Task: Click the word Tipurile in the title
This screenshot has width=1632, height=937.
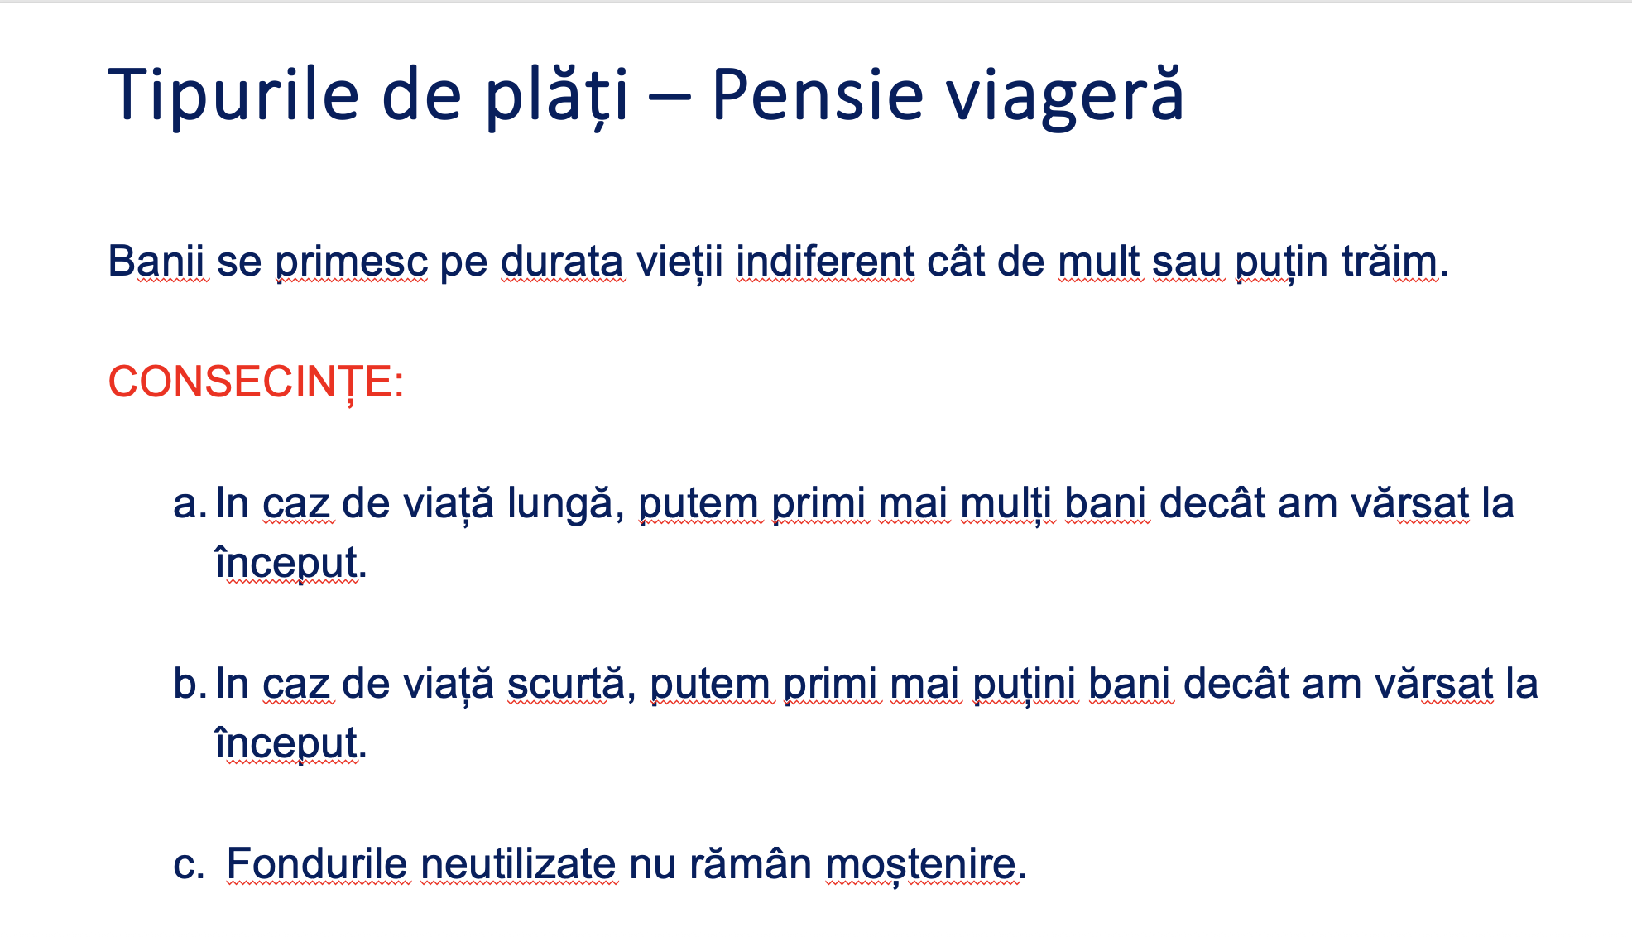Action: pyautogui.click(x=233, y=94)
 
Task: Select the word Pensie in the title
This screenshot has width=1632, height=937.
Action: pyautogui.click(x=817, y=94)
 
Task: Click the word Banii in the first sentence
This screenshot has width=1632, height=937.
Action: pyautogui.click(x=156, y=262)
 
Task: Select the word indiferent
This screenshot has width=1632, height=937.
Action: pyautogui.click(x=825, y=262)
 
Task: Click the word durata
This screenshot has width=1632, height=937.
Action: pyautogui.click(x=562, y=262)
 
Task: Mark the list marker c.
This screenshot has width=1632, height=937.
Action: pyautogui.click(x=189, y=865)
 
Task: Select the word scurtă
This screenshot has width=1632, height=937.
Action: pyautogui.click(x=565, y=684)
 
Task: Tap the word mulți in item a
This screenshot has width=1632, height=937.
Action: pyautogui.click(x=1006, y=504)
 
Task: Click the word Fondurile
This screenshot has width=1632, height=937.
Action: pyautogui.click(x=317, y=864)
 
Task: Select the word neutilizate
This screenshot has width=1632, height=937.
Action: pyautogui.click(x=518, y=864)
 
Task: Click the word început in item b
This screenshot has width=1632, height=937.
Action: pyautogui.click(x=286, y=743)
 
